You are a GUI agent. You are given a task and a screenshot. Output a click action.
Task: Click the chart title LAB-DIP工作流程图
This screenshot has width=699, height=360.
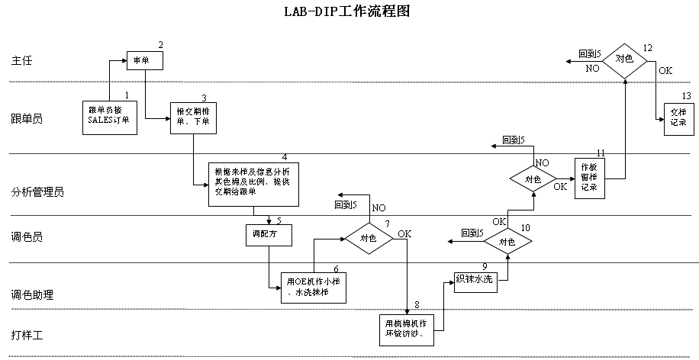[x=349, y=13]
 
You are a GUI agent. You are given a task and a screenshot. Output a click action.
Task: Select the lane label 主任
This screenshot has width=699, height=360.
[x=22, y=60]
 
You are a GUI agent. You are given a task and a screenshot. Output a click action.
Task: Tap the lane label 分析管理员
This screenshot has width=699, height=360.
[x=37, y=192]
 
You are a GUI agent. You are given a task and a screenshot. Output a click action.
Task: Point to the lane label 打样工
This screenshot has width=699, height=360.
[x=27, y=335]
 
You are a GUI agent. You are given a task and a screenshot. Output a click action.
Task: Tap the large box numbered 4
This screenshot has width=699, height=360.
[x=253, y=184]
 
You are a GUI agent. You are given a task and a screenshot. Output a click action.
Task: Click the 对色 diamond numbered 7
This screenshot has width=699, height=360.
[x=368, y=237]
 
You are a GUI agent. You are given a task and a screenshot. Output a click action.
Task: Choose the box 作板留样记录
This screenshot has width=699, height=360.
[x=588, y=178]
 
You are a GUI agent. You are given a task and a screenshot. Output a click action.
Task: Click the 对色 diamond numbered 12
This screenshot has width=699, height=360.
[x=624, y=59]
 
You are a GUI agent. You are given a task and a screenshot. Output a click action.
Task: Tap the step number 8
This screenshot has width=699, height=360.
[x=417, y=305]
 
